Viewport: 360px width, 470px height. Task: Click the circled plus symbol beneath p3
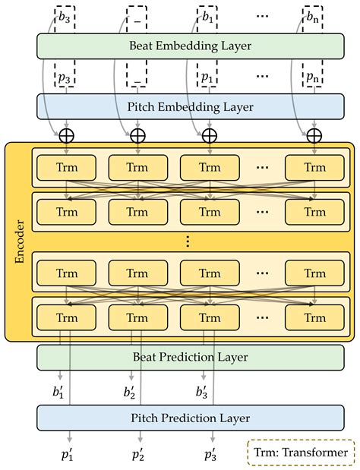(x=68, y=135)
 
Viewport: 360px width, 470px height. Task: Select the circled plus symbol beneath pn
(x=314, y=135)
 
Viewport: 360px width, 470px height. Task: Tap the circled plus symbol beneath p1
(x=209, y=135)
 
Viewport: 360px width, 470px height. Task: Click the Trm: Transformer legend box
(x=301, y=453)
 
